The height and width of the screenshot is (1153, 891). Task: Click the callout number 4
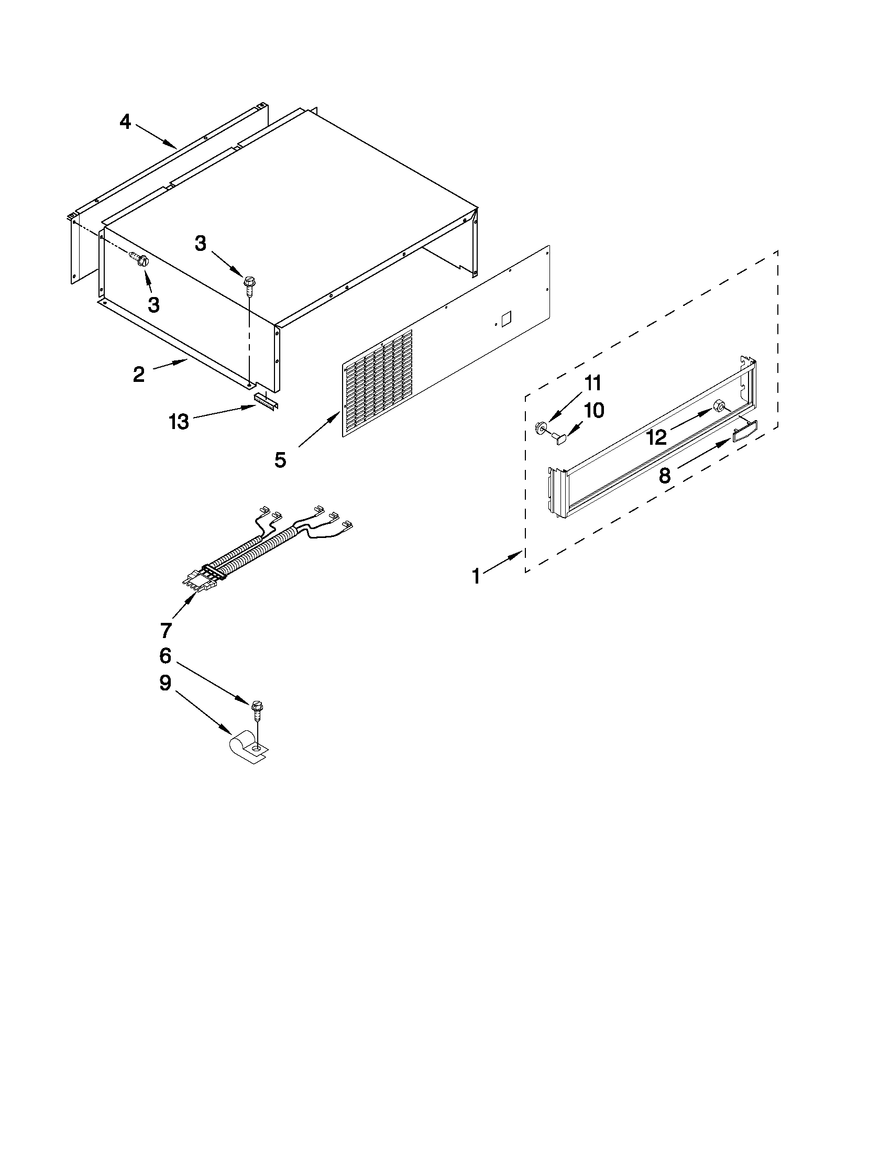[125, 122]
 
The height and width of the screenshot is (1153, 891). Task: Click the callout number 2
[138, 375]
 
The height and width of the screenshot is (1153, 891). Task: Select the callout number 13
[179, 422]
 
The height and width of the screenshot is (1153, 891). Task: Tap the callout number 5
[280, 460]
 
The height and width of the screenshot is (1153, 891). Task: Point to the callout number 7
[166, 630]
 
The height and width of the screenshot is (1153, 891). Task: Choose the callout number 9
[165, 683]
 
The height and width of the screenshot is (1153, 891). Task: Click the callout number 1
[476, 576]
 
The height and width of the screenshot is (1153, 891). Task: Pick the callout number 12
[657, 437]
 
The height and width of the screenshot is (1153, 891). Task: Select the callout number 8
[665, 476]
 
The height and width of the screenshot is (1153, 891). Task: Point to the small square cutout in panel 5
[506, 317]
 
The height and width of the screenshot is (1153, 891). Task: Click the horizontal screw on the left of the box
[139, 259]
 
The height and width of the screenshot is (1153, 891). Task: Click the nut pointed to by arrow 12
[718, 406]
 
